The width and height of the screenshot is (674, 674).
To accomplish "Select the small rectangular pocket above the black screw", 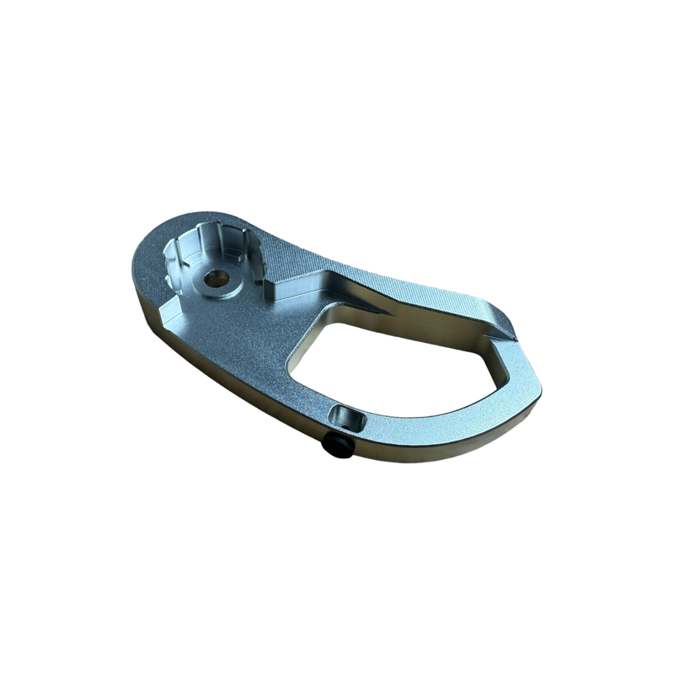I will pyautogui.click(x=345, y=416).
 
